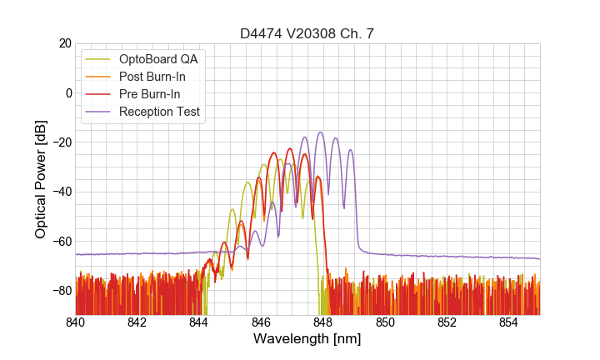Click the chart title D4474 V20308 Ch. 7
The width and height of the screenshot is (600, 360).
307,33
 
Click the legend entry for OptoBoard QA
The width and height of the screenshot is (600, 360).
158,59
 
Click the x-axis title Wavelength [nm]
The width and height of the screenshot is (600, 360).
307,340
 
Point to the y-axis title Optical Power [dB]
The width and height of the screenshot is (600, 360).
41,179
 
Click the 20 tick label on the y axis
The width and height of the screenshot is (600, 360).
63,43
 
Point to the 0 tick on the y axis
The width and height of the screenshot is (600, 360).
67,92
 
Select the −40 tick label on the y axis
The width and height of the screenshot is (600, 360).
59,192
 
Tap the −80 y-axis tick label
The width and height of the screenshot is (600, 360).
59,290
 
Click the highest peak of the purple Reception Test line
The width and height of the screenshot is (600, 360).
320,132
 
